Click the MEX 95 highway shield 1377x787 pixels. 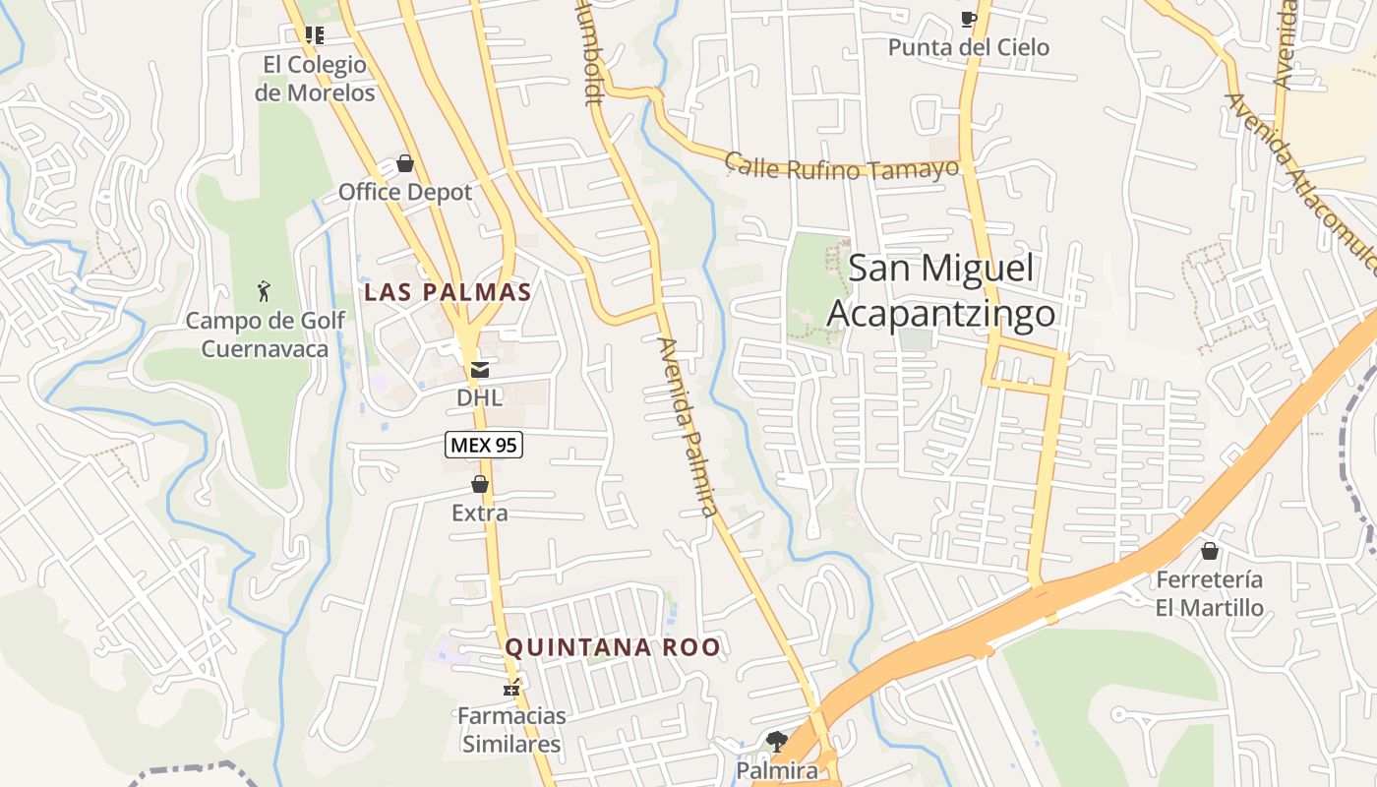[x=483, y=446]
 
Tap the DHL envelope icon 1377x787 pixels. [x=479, y=370]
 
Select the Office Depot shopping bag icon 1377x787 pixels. [x=404, y=163]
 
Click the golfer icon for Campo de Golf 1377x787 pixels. [x=264, y=291]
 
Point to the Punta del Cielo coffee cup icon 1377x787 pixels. [x=968, y=19]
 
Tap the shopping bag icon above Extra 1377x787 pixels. [x=480, y=484]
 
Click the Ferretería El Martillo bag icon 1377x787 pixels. [x=1209, y=551]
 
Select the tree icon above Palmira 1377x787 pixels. [x=776, y=741]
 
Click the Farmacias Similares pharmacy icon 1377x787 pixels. [x=510, y=688]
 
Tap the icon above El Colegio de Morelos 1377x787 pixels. [x=315, y=35]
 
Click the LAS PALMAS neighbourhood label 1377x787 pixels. [x=448, y=292]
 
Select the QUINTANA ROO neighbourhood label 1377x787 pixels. [x=613, y=647]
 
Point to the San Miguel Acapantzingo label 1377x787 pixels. [x=941, y=291]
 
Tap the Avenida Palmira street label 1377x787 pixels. [x=688, y=428]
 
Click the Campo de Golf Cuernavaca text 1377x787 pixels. [x=266, y=334]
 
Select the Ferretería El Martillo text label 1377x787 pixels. [x=1210, y=593]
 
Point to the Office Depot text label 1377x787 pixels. [x=405, y=192]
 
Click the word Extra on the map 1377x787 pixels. [x=480, y=513]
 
